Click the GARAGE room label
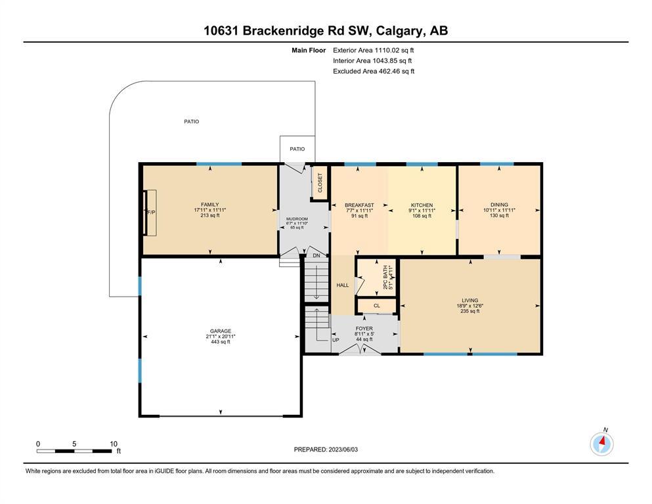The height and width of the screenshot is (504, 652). click(x=221, y=331)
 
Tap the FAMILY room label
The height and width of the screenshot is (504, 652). click(x=210, y=205)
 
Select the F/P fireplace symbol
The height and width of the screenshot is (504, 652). click(x=150, y=213)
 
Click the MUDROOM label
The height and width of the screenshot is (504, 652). click(x=297, y=219)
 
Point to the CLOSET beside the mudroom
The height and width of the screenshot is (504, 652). click(x=320, y=183)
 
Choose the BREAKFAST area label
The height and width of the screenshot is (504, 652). click(x=359, y=205)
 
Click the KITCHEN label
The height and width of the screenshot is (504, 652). click(x=422, y=205)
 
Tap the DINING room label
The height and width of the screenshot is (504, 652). click(x=499, y=205)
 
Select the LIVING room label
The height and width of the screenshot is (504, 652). click(x=470, y=301)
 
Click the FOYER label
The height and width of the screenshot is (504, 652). click(x=364, y=328)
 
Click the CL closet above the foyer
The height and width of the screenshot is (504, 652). click(x=377, y=306)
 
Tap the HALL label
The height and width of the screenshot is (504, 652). click(x=343, y=285)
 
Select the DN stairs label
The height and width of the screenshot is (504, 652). click(x=316, y=255)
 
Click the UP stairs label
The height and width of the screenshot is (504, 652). click(x=336, y=340)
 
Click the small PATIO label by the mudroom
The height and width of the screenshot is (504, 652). click(x=297, y=149)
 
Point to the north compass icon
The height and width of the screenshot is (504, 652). click(x=601, y=444)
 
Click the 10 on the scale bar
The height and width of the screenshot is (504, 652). click(x=114, y=444)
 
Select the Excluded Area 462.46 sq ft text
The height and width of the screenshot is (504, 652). click(x=374, y=71)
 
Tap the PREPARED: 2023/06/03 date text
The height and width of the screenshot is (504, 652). click(x=326, y=450)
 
